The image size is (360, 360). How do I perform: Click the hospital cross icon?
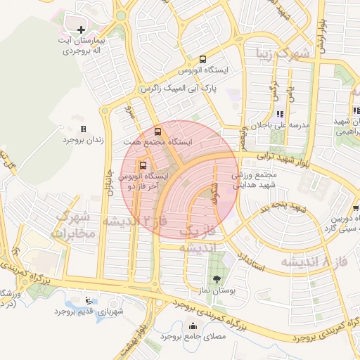[x=82, y=30]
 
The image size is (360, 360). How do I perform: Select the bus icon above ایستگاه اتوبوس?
[x=202, y=60]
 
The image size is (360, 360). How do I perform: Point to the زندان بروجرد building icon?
[x=84, y=129]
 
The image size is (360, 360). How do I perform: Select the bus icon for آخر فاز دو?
[x=143, y=165]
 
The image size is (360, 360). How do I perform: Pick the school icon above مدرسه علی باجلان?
[x=280, y=113]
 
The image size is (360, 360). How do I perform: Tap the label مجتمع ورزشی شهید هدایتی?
[x=252, y=179]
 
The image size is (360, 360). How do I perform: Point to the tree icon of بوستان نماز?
[x=217, y=279]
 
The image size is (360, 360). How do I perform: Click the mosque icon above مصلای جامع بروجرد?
[x=193, y=326]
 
